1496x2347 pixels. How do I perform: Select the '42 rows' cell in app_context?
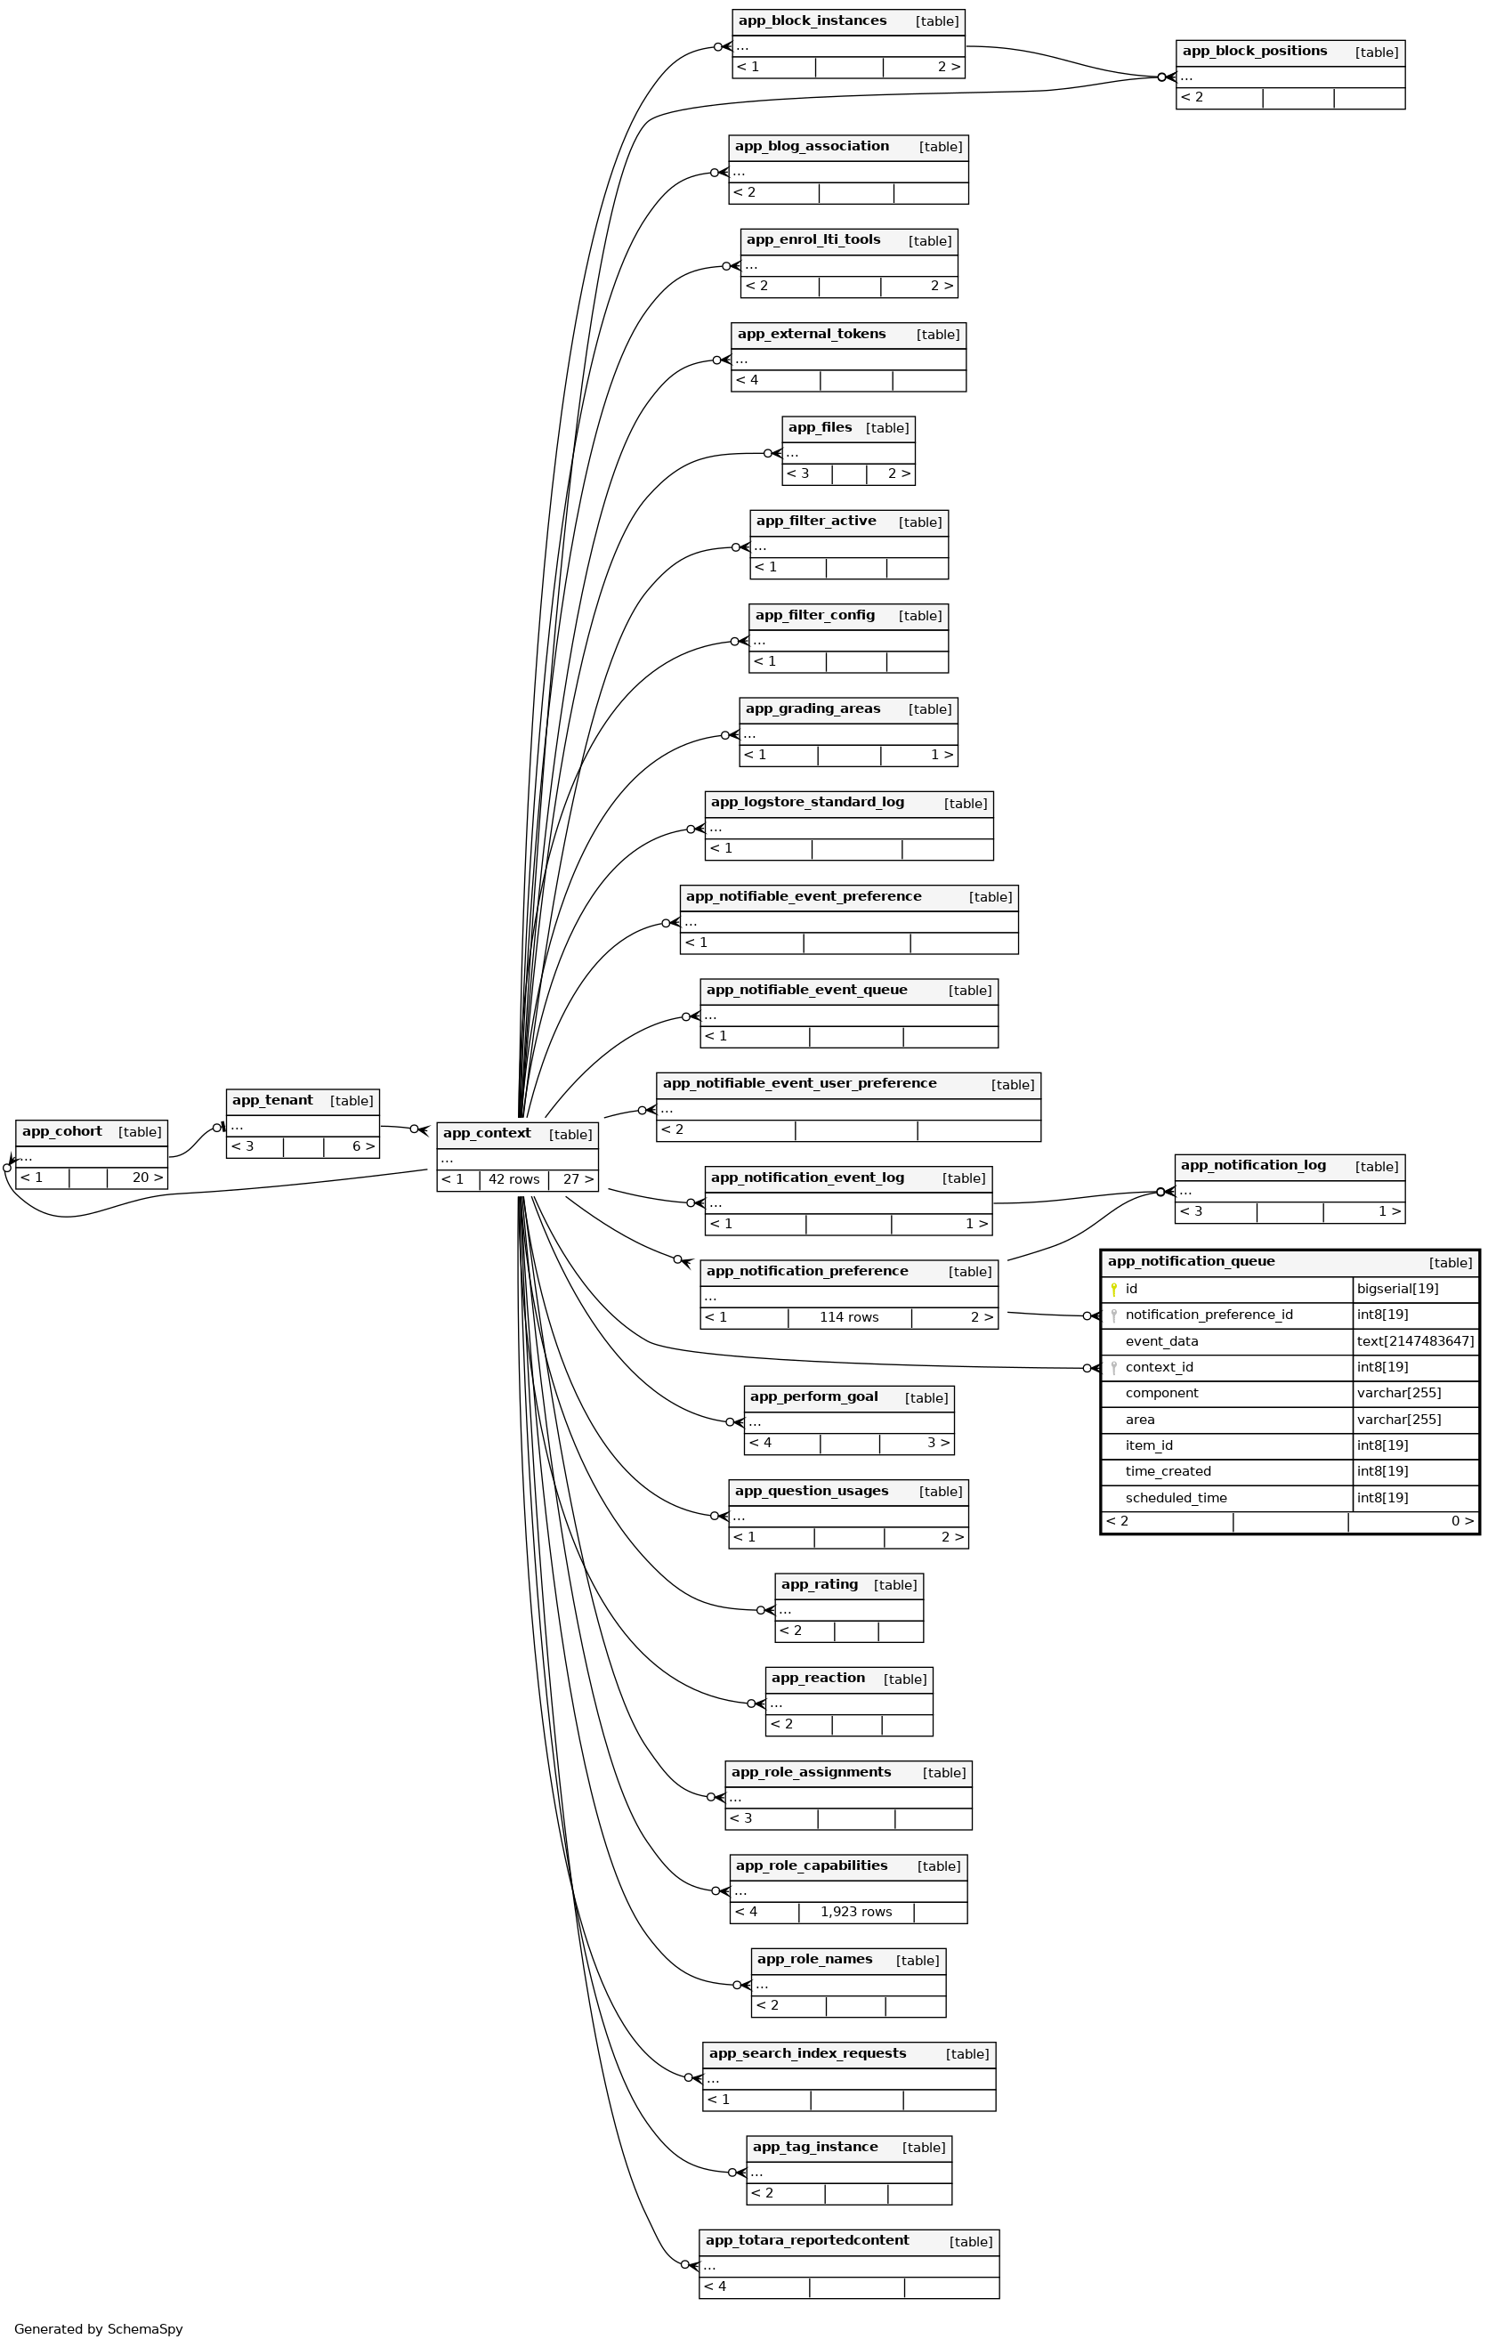(x=513, y=1179)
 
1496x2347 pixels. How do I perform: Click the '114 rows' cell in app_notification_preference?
(x=849, y=1318)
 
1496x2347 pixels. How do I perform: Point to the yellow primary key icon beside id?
(x=1114, y=1290)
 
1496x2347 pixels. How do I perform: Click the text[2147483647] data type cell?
(x=1415, y=1341)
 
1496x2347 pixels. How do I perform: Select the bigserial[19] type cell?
(x=1397, y=1289)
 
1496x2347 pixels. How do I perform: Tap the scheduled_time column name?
(x=1177, y=1498)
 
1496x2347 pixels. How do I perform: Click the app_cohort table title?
(x=62, y=1131)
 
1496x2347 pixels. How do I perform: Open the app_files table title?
(x=821, y=428)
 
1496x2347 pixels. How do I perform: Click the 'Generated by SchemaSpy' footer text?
(x=99, y=2329)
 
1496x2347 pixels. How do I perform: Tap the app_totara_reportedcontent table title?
(x=807, y=2241)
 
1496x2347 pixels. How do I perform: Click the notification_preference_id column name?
(x=1209, y=1315)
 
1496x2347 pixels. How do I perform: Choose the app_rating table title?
(x=820, y=1585)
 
